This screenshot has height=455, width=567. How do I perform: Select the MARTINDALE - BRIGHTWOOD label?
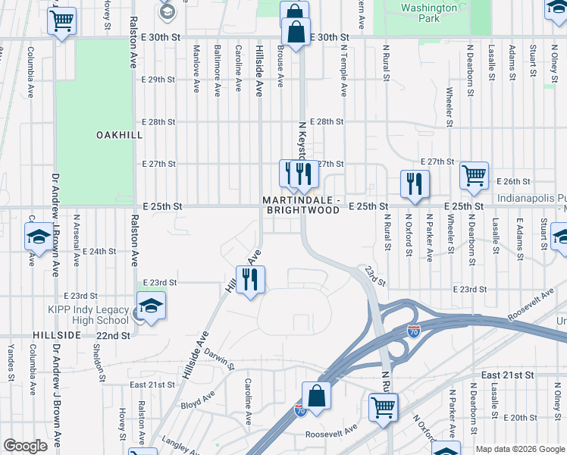pyautogui.click(x=302, y=204)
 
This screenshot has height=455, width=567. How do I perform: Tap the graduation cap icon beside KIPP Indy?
pyautogui.click(x=151, y=306)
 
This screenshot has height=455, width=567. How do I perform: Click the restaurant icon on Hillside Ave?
pyautogui.click(x=250, y=280)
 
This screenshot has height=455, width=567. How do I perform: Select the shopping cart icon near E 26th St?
pyautogui.click(x=474, y=175)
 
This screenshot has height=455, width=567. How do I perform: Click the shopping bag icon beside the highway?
pyautogui.click(x=316, y=397)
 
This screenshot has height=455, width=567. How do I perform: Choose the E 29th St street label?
pyautogui.click(x=159, y=80)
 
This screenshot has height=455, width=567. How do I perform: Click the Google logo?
pyautogui.click(x=24, y=446)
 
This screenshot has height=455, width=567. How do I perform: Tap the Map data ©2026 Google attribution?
pyautogui.click(x=519, y=449)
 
